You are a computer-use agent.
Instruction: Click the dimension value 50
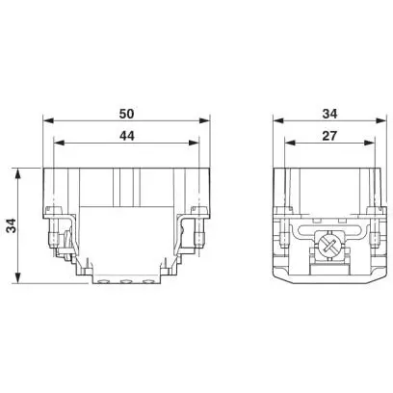click(x=126, y=114)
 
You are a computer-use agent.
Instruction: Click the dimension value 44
click(x=127, y=136)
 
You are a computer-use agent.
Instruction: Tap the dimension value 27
click(x=329, y=136)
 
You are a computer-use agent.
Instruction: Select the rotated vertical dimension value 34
click(x=12, y=225)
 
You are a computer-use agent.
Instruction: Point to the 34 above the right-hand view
click(x=329, y=114)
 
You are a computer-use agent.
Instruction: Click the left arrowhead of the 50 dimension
click(x=48, y=120)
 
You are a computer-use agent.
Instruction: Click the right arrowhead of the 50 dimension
click(x=204, y=120)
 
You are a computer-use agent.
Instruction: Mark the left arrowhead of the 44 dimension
click(x=59, y=143)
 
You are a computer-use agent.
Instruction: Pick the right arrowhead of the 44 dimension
click(x=194, y=143)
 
